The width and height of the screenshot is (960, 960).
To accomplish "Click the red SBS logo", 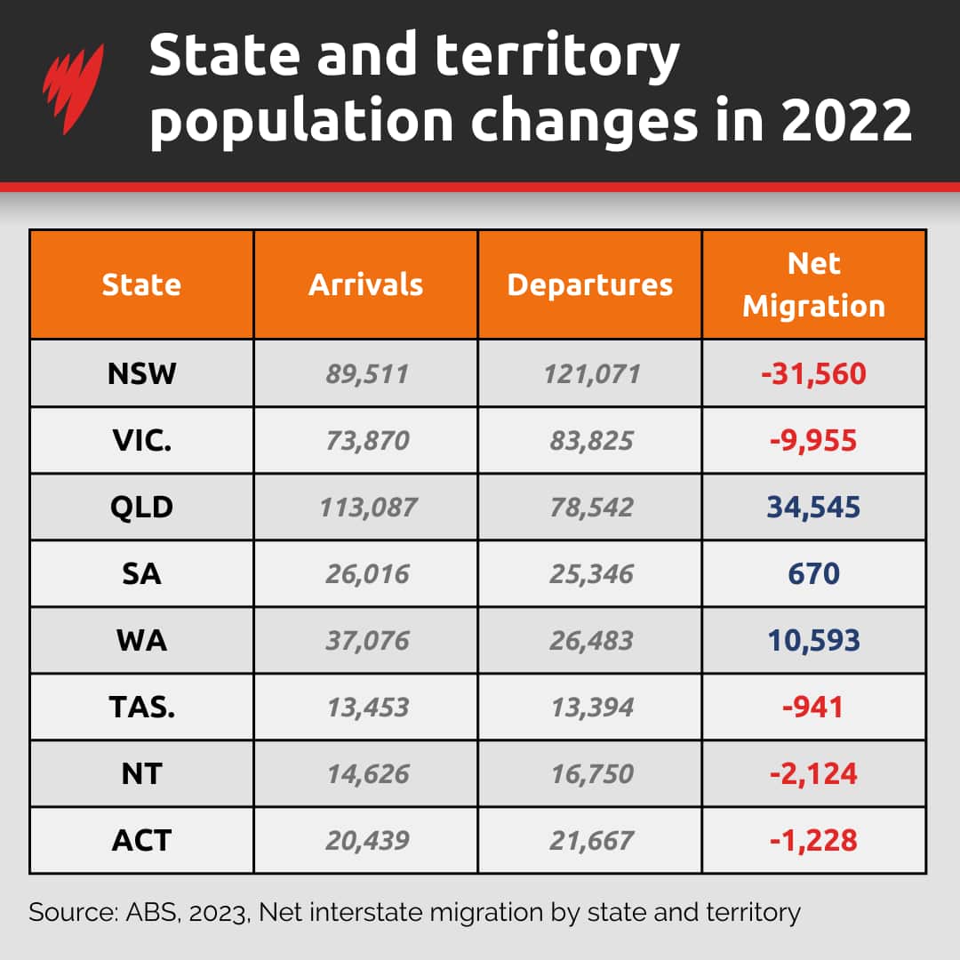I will [x=74, y=89].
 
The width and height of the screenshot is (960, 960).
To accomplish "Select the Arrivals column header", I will [x=366, y=284].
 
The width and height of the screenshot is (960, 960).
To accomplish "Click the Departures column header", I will [x=590, y=284].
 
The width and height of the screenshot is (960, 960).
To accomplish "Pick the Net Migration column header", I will [x=814, y=284].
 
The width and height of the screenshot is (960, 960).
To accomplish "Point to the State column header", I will [x=141, y=284].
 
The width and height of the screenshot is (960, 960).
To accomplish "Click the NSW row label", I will [x=141, y=373].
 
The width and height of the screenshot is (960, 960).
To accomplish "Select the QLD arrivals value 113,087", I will [x=366, y=508].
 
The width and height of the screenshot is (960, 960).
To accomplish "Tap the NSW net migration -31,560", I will [x=813, y=373].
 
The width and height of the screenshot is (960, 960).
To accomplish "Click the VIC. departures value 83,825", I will [x=590, y=441].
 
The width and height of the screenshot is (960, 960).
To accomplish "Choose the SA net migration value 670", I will [x=813, y=574].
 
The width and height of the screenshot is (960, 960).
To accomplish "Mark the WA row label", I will [x=141, y=641].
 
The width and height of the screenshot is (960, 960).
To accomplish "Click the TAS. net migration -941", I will [x=813, y=708].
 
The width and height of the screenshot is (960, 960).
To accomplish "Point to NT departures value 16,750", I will [x=590, y=774].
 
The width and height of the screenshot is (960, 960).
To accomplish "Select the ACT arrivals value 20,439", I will [x=366, y=841].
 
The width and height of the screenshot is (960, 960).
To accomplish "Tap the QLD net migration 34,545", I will [x=813, y=508].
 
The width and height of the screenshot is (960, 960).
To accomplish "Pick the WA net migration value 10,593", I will [x=813, y=641].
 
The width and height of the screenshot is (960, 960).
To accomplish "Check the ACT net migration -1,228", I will [x=813, y=841].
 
